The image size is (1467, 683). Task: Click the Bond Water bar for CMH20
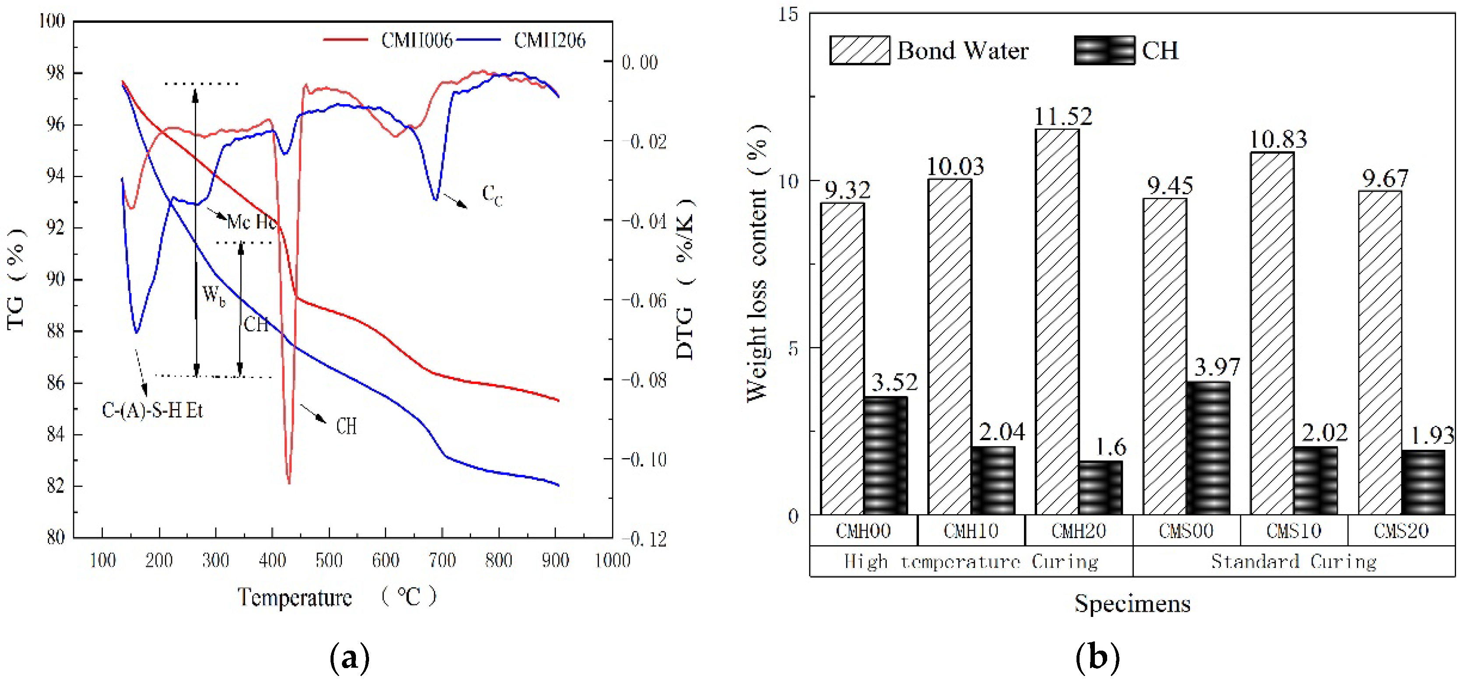pyautogui.click(x=1057, y=322)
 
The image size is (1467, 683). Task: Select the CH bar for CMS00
pyautogui.click(x=1208, y=448)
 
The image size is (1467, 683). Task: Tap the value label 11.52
pyautogui.click(x=1062, y=117)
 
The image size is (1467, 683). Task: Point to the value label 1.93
pyautogui.click(x=1432, y=435)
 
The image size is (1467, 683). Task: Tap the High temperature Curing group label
pyautogui.click(x=971, y=562)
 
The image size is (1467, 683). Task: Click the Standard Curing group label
pyautogui.click(x=1293, y=562)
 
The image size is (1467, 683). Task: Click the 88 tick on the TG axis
pyautogui.click(x=56, y=331)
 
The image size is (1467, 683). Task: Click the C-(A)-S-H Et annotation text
pyautogui.click(x=152, y=410)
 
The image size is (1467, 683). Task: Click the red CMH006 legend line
pyautogui.click(x=345, y=40)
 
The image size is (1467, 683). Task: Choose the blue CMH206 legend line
pyautogui.click(x=478, y=40)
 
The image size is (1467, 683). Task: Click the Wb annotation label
pyautogui.click(x=214, y=295)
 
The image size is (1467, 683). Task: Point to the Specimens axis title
pyautogui.click(x=1132, y=603)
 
